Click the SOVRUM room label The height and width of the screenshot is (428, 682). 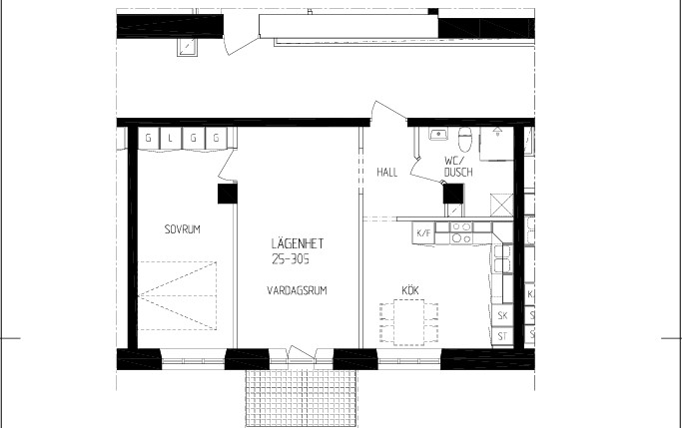183,229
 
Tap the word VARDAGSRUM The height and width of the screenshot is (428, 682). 297,290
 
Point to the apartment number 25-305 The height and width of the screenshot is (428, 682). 291,259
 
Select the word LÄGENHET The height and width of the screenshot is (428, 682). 298,242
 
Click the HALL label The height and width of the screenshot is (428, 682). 387,172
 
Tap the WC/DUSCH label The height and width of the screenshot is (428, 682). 458,167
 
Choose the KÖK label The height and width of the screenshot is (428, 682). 410,290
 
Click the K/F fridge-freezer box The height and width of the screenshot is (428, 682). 423,232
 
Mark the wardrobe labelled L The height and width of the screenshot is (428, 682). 171,138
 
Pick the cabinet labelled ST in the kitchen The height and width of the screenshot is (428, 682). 502,336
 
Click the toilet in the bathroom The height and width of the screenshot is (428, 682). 465,138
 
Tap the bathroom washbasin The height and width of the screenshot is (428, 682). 438,134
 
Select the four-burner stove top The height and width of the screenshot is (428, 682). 461,232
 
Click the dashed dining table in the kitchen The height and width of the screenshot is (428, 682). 408,322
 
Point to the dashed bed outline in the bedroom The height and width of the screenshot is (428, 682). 177,295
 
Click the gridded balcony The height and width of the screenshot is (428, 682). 301,398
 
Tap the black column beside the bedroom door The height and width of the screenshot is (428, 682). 227,194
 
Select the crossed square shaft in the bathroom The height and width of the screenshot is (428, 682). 502,205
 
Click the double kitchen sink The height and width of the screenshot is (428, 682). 502,259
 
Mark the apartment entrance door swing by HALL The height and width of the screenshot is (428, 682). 388,111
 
